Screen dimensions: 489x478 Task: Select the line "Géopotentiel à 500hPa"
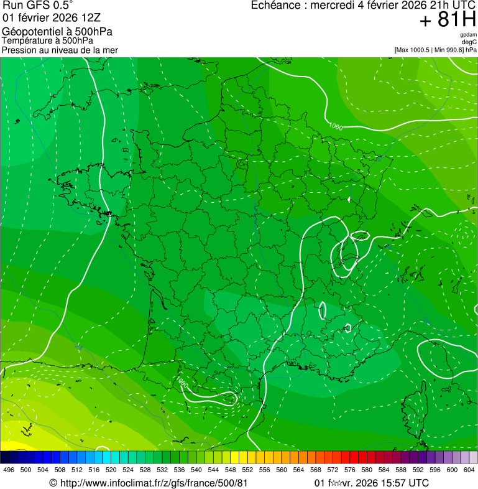click(57, 31)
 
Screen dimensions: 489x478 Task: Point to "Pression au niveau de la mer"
click(60, 50)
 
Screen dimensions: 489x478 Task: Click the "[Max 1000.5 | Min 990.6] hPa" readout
click(435, 50)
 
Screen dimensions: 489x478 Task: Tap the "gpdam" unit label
click(468, 35)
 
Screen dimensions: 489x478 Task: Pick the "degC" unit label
click(469, 42)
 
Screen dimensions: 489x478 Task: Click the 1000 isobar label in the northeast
click(335, 127)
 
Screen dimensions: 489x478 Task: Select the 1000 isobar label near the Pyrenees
click(180, 381)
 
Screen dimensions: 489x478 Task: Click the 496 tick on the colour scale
click(9, 470)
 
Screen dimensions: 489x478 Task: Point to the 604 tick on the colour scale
click(469, 470)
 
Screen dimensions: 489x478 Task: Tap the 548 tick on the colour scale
click(230, 470)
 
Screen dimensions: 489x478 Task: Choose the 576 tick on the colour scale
click(350, 470)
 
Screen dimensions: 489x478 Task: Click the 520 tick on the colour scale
click(111, 470)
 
